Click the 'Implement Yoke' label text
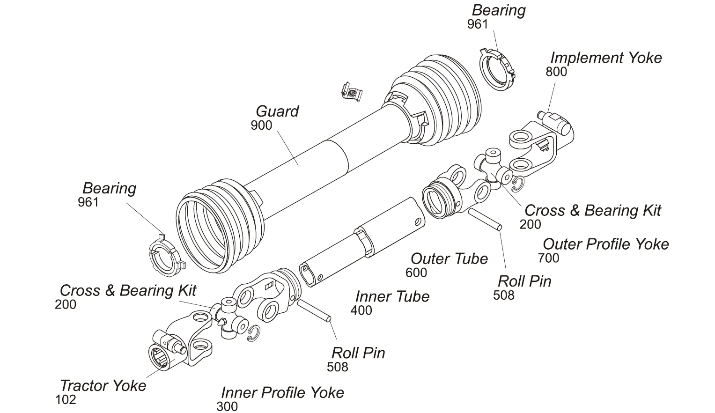pos(605,58)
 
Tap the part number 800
pos(556,72)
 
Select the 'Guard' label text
pos(277,111)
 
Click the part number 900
pos(261,125)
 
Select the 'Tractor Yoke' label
pos(103,386)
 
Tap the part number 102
pos(66,400)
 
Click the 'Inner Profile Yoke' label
pos(282,392)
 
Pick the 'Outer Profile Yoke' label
pos(605,244)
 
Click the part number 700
pos(548,258)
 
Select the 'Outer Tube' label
pos(449,259)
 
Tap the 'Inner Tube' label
pos(392,296)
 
